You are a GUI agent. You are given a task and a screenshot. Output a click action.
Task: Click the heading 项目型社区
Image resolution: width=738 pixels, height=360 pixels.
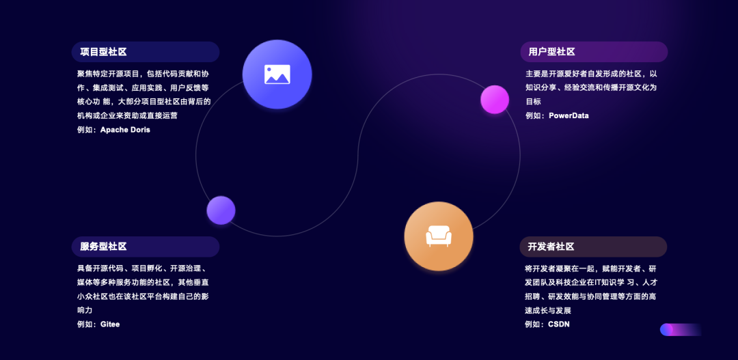tap(103, 52)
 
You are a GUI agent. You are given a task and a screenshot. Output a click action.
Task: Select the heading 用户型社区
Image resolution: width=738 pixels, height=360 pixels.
tap(551, 52)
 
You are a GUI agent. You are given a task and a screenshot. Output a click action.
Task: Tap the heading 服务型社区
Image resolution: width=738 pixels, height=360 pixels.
tap(103, 247)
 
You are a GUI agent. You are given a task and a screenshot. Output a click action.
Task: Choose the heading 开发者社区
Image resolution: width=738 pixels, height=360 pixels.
tap(551, 247)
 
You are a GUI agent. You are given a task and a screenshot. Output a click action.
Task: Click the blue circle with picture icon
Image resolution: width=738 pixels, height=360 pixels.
tap(277, 74)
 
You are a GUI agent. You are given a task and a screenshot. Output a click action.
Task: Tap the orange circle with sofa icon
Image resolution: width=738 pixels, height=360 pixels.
tap(439, 236)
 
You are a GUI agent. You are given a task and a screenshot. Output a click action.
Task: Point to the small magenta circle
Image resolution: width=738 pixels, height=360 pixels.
tap(495, 99)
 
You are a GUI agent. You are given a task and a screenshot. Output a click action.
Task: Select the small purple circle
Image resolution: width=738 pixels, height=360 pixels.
tap(221, 210)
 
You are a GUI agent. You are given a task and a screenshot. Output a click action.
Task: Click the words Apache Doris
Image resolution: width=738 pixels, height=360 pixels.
tap(125, 130)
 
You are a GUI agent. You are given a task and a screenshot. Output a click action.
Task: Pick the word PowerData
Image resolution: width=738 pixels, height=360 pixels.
tap(569, 115)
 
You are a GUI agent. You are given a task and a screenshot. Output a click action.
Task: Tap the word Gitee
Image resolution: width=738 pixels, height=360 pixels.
tap(110, 324)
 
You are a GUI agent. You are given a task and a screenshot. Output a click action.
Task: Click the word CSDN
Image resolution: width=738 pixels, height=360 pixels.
tap(559, 324)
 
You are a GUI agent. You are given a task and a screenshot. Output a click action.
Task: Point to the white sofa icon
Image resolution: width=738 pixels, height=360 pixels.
tap(439, 236)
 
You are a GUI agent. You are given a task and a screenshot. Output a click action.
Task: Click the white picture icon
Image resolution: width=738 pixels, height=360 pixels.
tap(277, 74)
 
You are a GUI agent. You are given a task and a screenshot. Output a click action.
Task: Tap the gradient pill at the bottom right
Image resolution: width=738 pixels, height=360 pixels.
tap(681, 330)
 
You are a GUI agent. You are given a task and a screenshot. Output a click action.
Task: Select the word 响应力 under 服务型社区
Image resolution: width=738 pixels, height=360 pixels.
tap(85, 310)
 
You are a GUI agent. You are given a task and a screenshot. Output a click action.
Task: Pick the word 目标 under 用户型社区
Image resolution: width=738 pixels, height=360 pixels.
tap(533, 102)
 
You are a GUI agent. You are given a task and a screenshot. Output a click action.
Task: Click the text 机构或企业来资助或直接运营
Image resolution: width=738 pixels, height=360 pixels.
tap(127, 115)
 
